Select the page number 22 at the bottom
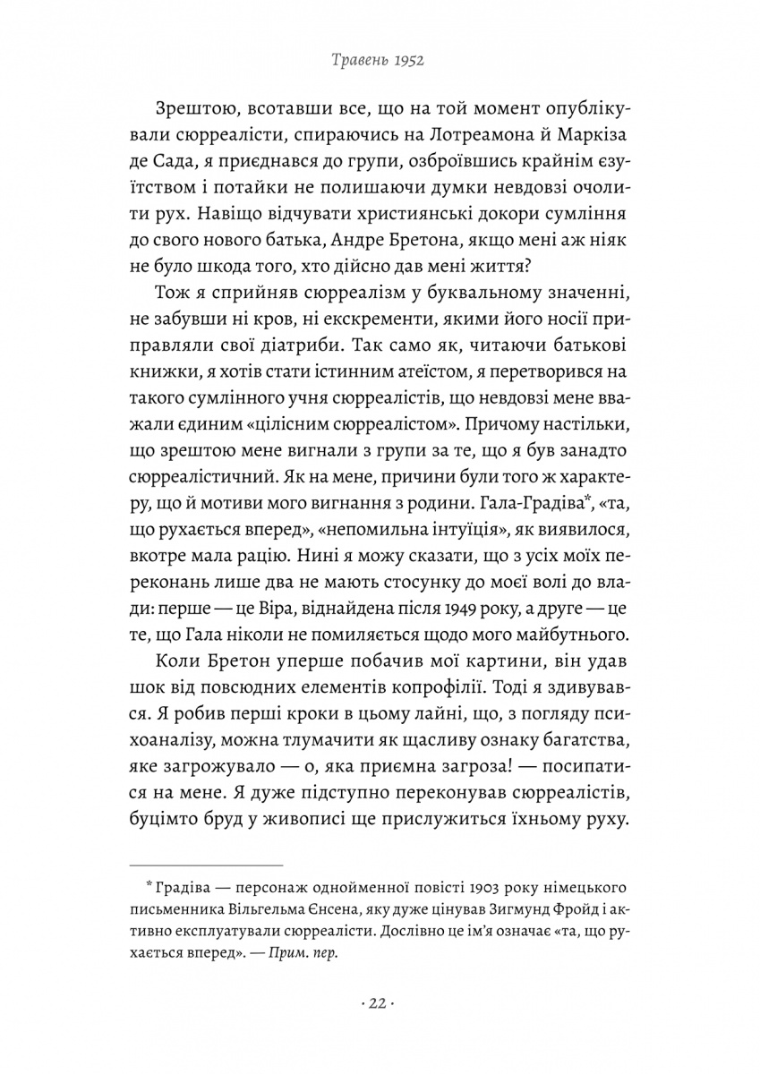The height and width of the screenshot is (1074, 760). (x=380, y=1003)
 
